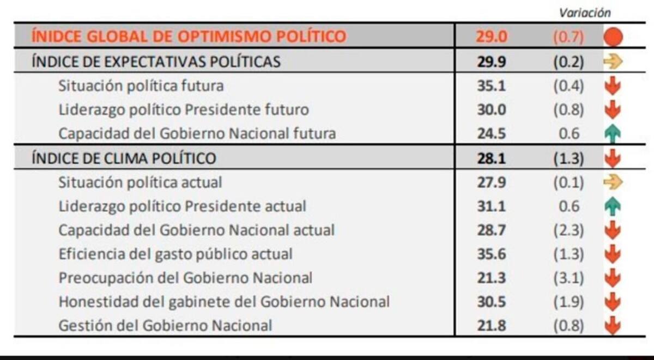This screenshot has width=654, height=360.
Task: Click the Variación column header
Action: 585,13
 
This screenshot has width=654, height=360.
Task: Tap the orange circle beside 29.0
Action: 613,37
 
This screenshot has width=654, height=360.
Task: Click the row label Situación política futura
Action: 141,86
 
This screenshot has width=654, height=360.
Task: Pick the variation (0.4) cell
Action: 569,86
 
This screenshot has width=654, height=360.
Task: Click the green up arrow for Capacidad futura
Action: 613,134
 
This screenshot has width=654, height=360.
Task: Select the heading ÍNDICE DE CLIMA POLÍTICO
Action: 124,158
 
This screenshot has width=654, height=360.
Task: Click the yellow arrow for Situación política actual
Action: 613,182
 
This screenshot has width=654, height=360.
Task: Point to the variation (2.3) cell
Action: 569,230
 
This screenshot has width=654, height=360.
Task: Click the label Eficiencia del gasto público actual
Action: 175,254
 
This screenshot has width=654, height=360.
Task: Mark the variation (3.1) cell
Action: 569,278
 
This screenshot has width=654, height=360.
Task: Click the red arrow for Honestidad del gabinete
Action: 613,302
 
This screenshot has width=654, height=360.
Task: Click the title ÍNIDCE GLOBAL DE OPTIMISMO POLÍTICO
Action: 189,36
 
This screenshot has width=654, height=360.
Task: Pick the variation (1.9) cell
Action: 569,302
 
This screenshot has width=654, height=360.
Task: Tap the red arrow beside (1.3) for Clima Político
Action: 613,159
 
